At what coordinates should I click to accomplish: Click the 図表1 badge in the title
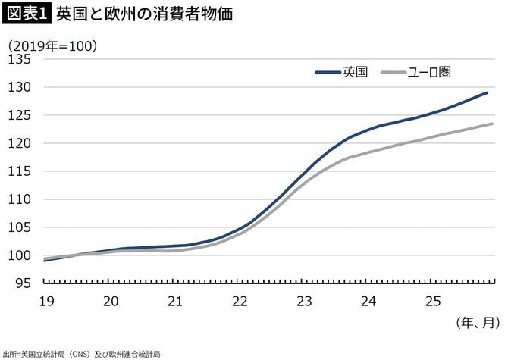(x=27, y=14)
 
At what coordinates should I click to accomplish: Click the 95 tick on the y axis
(x=23, y=283)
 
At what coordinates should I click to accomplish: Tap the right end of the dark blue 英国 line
(x=487, y=93)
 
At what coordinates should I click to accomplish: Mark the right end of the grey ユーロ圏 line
(x=493, y=124)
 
